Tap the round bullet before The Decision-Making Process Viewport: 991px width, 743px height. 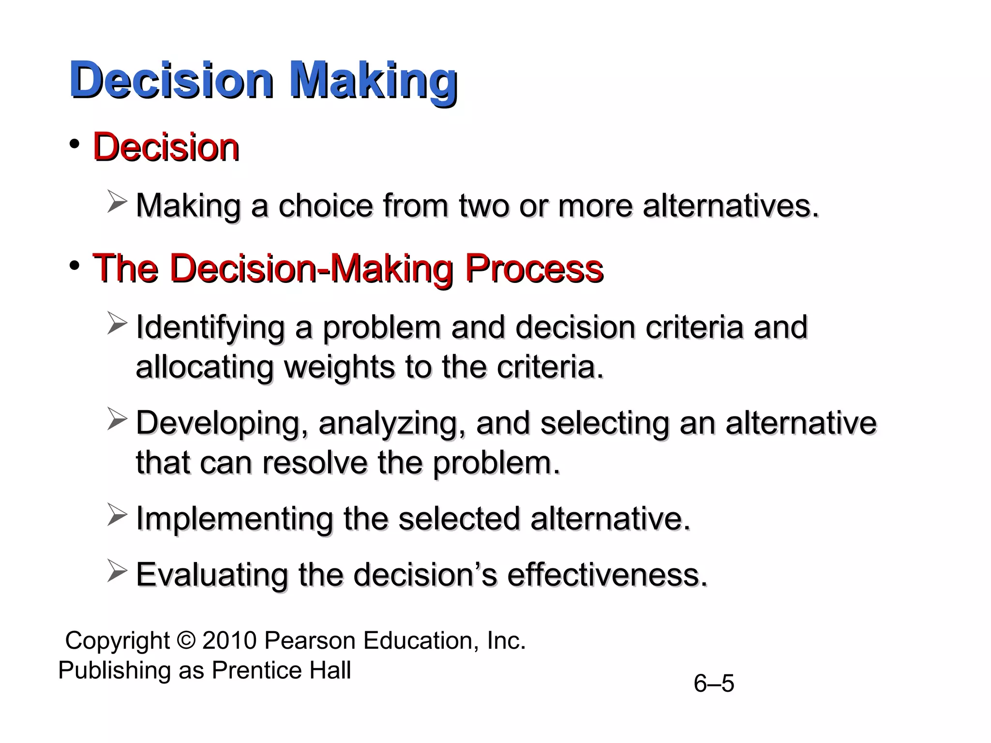[x=74, y=266]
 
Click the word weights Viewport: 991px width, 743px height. [x=339, y=367]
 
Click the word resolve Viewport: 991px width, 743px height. [x=315, y=463]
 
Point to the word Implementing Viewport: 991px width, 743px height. [x=234, y=519]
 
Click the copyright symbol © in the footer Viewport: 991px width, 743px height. [x=186, y=640]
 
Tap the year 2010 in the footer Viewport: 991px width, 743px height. [x=229, y=640]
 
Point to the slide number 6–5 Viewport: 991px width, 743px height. [x=714, y=684]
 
